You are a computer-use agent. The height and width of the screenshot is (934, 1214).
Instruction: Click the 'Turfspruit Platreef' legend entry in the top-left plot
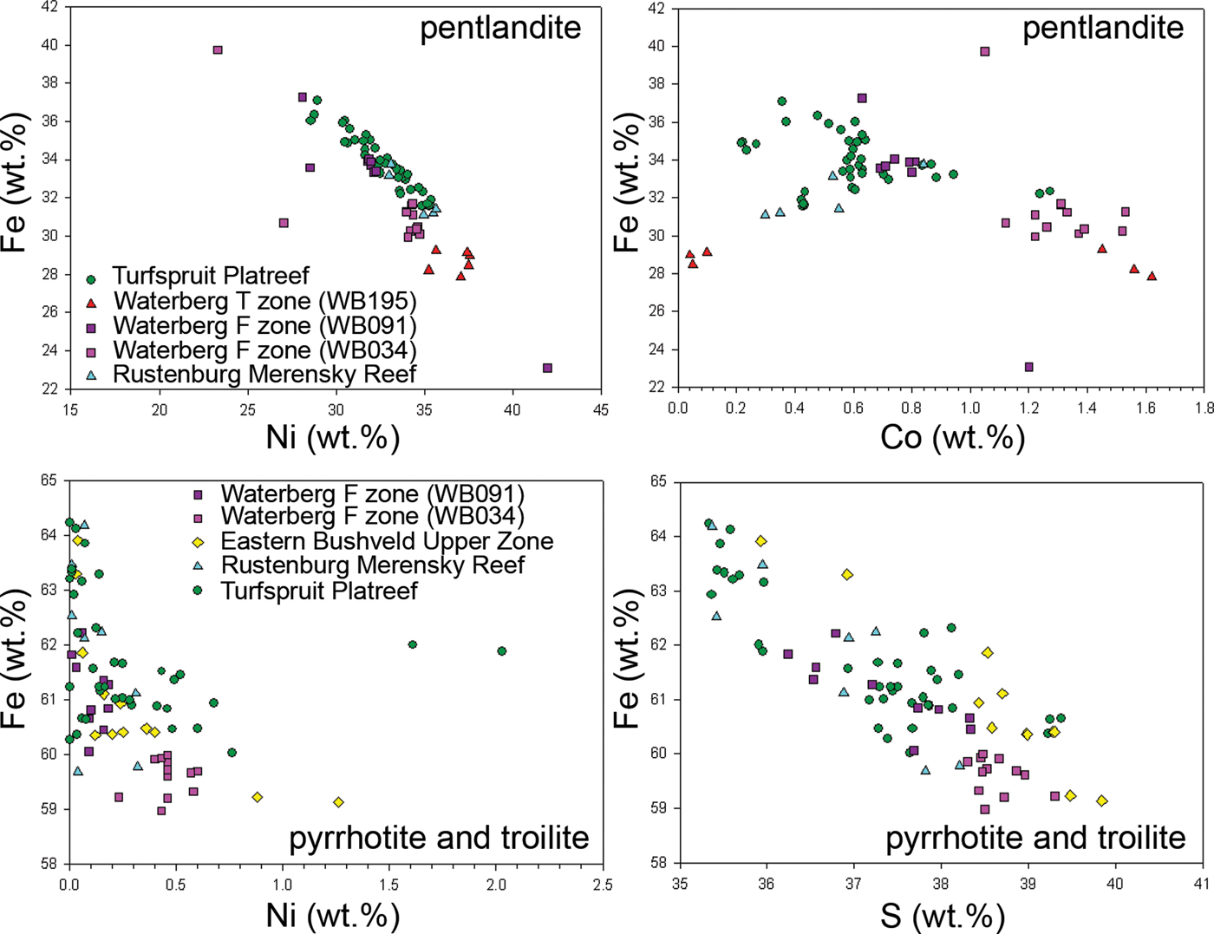point(211,277)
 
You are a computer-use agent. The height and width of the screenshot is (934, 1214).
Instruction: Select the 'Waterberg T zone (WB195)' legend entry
point(264,301)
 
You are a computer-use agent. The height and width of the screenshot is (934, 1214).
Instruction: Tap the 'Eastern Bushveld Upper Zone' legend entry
point(386,541)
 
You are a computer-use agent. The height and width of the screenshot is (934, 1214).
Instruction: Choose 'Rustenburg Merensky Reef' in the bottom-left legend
point(372,565)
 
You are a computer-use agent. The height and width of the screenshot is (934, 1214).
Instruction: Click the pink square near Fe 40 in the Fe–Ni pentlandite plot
point(218,50)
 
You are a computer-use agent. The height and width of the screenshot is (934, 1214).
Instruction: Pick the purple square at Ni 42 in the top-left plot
point(547,369)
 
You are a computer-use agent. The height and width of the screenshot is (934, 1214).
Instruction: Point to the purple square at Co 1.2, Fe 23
point(1028,368)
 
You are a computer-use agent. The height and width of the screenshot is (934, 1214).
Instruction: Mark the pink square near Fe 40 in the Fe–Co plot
point(985,52)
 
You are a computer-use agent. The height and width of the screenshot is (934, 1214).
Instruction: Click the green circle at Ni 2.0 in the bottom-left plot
point(501,651)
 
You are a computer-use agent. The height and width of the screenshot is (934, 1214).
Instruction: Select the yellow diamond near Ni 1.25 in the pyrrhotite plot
point(338,802)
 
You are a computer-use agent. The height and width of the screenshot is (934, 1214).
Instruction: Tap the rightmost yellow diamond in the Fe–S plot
point(1102,801)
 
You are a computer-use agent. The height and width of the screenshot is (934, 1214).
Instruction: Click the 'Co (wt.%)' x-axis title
point(952,437)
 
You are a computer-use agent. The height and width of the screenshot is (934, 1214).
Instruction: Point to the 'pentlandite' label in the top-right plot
point(1102,28)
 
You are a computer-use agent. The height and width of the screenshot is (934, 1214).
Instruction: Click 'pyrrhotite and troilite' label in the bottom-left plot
point(439,838)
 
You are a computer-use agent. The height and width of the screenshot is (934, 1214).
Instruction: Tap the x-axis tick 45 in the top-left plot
point(600,409)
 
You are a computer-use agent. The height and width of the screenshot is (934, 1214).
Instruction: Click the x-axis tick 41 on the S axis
point(1201,885)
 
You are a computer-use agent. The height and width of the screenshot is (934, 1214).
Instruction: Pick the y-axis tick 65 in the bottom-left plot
point(48,480)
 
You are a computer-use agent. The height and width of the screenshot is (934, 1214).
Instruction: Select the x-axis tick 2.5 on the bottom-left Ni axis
point(602,885)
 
